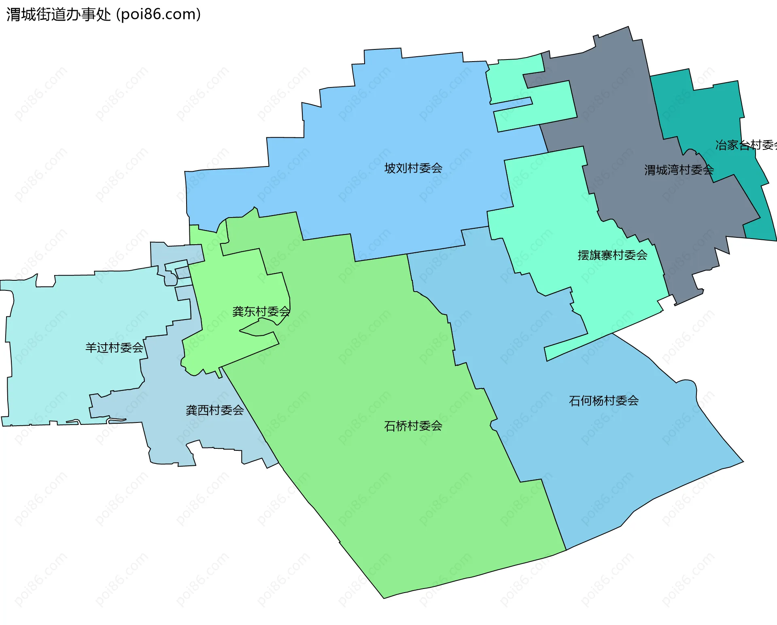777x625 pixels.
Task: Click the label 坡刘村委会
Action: click(413, 168)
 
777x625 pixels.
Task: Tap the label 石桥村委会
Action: click(413, 426)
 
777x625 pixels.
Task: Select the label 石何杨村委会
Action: click(604, 401)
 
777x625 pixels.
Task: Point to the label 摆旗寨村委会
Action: click(612, 255)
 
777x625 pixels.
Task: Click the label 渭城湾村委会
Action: click(679, 170)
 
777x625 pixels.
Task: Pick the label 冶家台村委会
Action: click(746, 145)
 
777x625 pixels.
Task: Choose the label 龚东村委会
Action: click(261, 311)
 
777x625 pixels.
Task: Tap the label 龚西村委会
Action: click(214, 410)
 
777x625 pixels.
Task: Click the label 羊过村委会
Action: click(114, 348)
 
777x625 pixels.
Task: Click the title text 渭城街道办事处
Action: click(59, 15)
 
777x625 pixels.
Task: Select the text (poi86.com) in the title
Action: click(158, 15)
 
